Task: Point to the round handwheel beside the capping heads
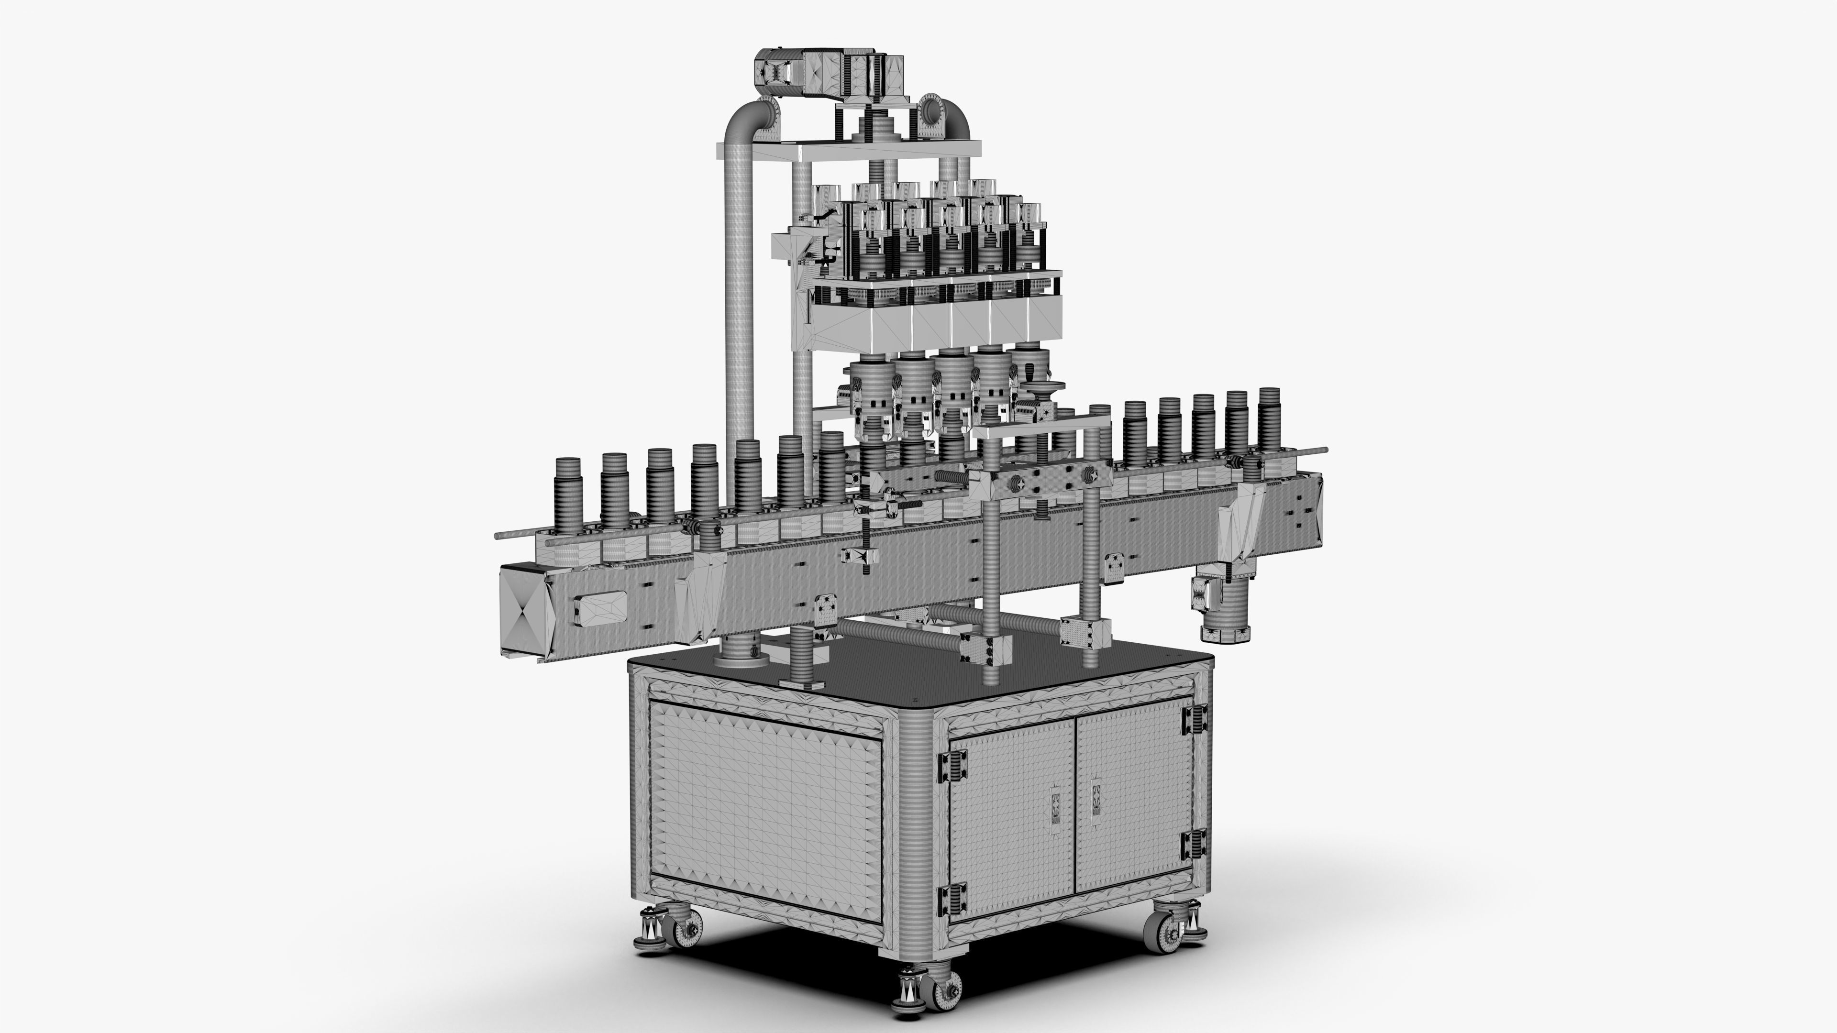pos(1042,388)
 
